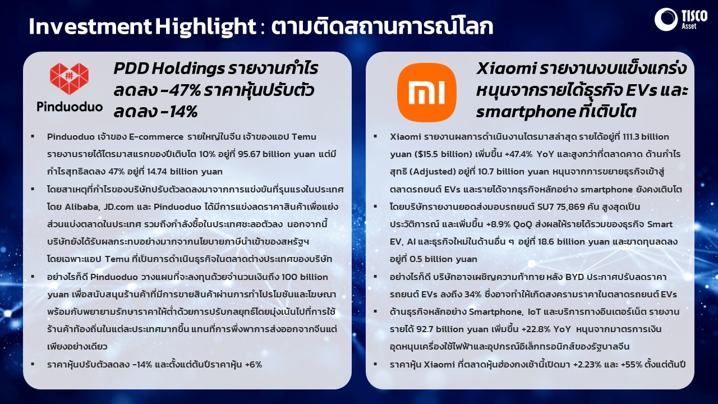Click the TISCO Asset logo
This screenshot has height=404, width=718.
[681, 20]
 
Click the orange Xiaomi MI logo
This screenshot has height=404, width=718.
[427, 93]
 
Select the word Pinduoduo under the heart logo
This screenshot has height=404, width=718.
[70, 107]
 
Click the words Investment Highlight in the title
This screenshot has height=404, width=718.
[142, 26]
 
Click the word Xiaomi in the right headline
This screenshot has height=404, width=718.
[506, 68]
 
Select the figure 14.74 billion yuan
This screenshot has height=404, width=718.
[185, 172]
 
